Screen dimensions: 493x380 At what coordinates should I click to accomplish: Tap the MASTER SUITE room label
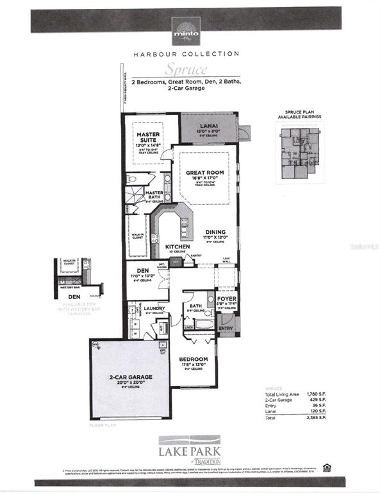(x=147, y=137)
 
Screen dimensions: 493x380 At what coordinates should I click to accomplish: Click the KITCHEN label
(x=177, y=246)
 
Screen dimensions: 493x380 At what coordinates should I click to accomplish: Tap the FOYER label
(x=226, y=297)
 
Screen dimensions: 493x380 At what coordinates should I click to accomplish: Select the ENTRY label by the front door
(x=226, y=328)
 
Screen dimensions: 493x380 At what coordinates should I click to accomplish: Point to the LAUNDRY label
(x=155, y=308)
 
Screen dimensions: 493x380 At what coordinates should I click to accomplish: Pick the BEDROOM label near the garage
(x=193, y=359)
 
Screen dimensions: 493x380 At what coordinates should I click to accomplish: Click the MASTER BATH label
(x=154, y=193)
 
